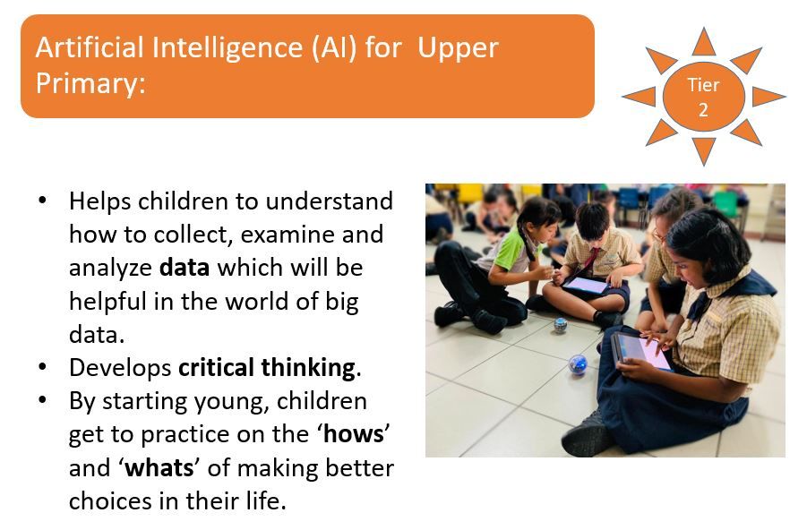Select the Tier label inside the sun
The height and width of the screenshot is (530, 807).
point(703,85)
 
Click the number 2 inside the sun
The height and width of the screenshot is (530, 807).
point(703,109)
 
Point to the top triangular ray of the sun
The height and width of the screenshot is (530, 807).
point(704,44)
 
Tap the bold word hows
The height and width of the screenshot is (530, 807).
point(354,434)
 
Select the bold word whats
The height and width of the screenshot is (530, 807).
point(159,468)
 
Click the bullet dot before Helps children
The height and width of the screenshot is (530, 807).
point(43,201)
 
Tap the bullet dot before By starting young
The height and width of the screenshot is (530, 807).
point(43,400)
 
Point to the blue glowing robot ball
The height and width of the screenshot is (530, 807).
point(578,364)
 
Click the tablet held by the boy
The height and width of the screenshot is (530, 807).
point(585,285)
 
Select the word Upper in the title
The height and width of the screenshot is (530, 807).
point(458,48)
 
